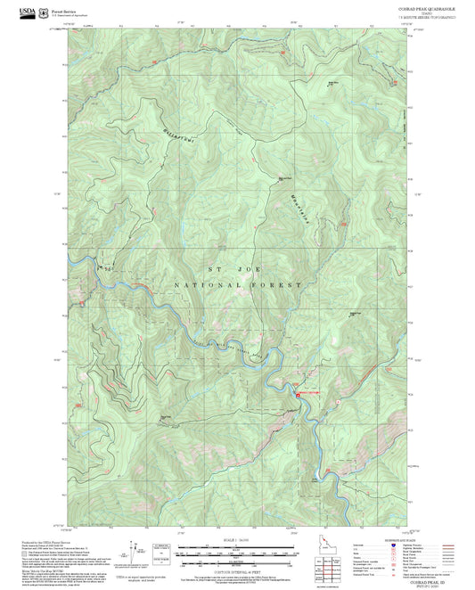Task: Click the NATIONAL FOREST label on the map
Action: tap(238, 284)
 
